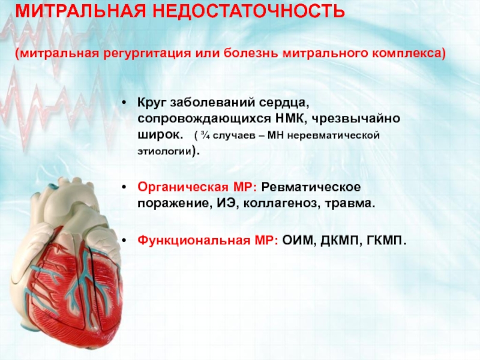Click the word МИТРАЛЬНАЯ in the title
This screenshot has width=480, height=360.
click(80, 11)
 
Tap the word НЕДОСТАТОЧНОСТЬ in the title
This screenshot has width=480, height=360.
click(248, 11)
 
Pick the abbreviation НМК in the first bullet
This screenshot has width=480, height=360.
click(290, 118)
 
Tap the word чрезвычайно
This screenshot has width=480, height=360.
click(356, 119)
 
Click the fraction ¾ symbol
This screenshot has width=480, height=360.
click(205, 135)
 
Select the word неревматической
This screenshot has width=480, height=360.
click(334, 136)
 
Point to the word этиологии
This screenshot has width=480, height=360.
click(164, 151)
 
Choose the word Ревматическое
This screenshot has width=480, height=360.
click(311, 187)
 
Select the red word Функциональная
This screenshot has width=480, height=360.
click(194, 241)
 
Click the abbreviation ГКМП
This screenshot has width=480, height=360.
click(386, 241)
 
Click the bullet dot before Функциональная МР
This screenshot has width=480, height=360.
click(124, 241)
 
